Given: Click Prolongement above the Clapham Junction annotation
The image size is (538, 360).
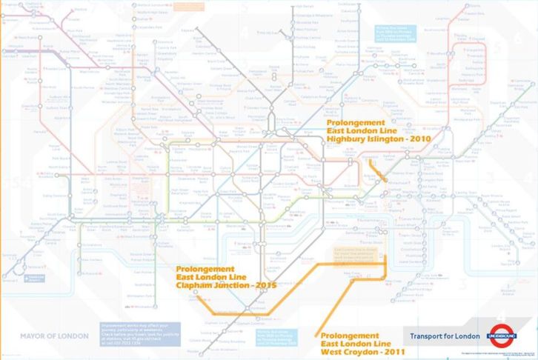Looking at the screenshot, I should (205, 267).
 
